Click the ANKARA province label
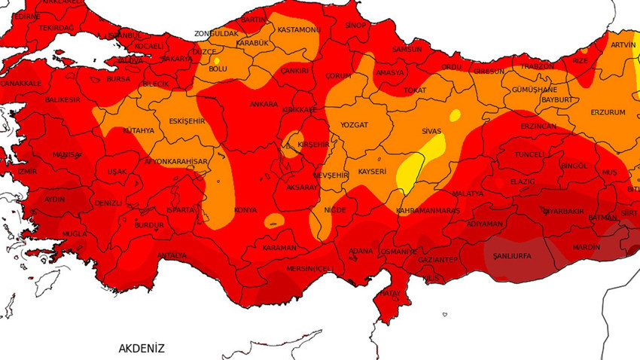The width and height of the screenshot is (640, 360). [264, 104]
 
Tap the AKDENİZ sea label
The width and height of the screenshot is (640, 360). [141, 348]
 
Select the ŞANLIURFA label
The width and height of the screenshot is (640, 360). [511, 256]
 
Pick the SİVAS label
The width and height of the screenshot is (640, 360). [431, 131]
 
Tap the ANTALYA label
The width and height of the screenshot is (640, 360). [172, 255]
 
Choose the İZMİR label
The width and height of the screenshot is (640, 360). [27, 171]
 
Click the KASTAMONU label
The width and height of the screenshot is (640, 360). [299, 30]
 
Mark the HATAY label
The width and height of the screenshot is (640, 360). [390, 292]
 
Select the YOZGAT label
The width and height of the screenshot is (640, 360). [354, 125]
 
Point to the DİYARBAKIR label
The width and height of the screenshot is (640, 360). [563, 211]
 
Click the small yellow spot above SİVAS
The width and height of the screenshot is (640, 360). [454, 115]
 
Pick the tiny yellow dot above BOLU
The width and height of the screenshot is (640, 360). [217, 60]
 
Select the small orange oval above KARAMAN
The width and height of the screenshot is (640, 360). [274, 220]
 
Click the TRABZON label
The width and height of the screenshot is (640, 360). [537, 66]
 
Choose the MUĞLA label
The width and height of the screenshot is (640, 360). [74, 234]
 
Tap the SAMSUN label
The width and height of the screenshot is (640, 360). [407, 49]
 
